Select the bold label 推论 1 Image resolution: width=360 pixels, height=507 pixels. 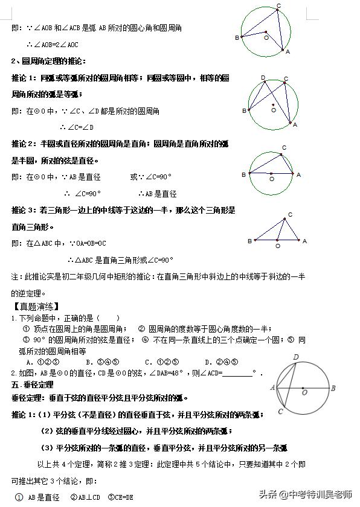24,78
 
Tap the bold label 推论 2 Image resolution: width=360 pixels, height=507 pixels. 24,144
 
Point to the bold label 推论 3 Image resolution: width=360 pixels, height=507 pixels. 24,211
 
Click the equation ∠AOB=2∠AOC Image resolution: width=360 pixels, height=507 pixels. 53,45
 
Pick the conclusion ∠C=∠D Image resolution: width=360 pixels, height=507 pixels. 77,127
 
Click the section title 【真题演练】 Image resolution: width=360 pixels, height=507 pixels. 34,307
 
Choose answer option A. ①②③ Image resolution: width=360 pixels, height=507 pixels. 37,362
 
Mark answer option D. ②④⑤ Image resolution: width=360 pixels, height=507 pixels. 220,362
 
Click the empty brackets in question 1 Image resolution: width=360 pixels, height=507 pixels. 108,318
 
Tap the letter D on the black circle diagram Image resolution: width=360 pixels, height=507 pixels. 296,357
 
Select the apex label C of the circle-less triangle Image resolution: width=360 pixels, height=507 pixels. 290,215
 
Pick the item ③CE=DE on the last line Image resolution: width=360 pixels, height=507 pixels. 120,497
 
